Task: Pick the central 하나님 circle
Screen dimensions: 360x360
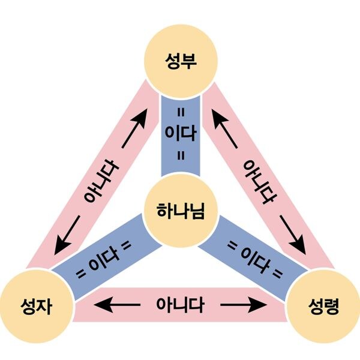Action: click(x=179, y=210)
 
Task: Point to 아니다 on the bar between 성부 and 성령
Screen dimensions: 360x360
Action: click(x=259, y=182)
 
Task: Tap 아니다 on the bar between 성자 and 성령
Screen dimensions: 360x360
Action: click(x=179, y=304)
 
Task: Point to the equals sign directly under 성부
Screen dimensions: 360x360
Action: click(x=179, y=110)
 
